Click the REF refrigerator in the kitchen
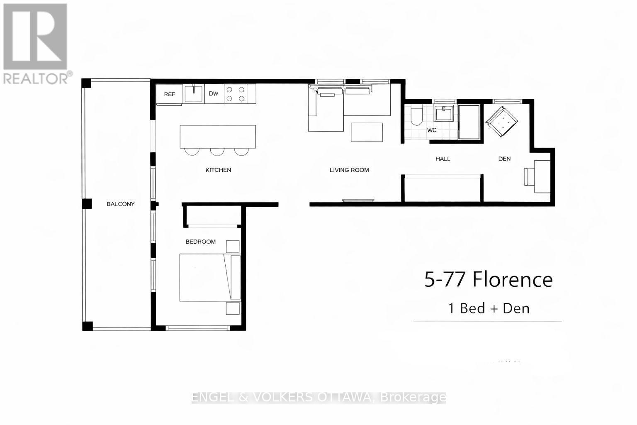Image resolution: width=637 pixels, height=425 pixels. pyautogui.click(x=169, y=94)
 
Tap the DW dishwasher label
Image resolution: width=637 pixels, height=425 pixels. pyautogui.click(x=213, y=94)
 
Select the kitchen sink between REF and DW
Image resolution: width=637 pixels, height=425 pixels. pyautogui.click(x=193, y=93)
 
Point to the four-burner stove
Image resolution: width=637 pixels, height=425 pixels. pyautogui.click(x=235, y=94)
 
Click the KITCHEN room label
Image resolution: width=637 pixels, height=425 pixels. pyautogui.click(x=218, y=170)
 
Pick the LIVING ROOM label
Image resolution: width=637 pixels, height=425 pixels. pyautogui.click(x=349, y=170)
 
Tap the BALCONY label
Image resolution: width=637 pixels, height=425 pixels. pyautogui.click(x=120, y=204)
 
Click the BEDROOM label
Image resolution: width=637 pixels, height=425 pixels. pyautogui.click(x=200, y=242)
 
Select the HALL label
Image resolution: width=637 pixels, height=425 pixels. pyautogui.click(x=442, y=159)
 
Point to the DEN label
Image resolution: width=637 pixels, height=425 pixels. pyautogui.click(x=504, y=159)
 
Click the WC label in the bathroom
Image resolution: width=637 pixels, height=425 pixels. pyautogui.click(x=432, y=130)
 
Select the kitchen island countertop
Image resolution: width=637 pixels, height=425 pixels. pyautogui.click(x=218, y=137)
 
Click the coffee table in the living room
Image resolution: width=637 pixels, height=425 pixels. pyautogui.click(x=367, y=132)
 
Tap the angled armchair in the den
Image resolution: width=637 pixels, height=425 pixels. pyautogui.click(x=502, y=122)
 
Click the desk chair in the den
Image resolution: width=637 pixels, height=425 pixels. pyautogui.click(x=528, y=177)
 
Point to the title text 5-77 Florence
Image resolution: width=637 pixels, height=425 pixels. pyautogui.click(x=488, y=280)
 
